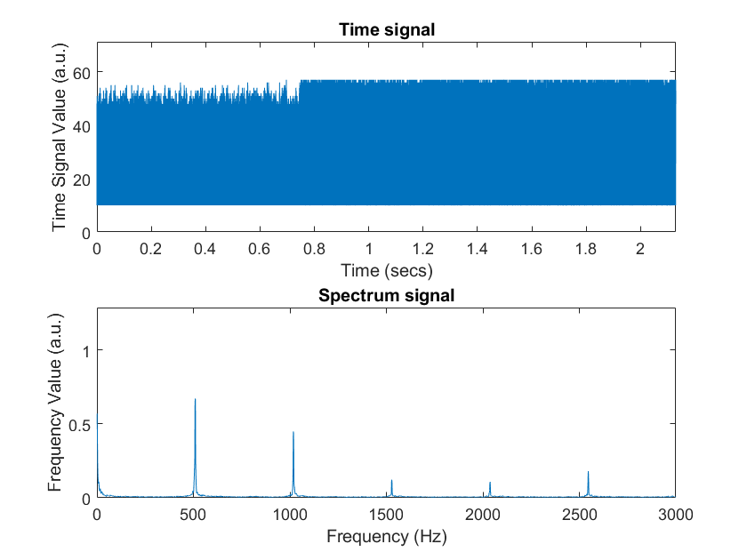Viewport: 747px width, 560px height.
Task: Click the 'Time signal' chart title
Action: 386,30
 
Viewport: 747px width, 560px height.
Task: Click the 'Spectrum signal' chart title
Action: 386,295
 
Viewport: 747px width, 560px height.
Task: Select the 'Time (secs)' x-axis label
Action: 386,269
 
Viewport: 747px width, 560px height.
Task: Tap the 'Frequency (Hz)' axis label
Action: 386,536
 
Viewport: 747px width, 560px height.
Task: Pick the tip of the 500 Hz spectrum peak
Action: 195,399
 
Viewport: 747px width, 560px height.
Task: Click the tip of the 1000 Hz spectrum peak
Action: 293,432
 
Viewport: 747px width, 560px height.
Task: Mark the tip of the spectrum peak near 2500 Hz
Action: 588,471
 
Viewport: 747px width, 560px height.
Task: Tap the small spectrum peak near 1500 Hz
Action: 391,480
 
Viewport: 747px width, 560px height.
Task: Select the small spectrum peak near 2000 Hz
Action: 490,482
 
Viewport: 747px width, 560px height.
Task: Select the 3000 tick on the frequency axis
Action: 676,513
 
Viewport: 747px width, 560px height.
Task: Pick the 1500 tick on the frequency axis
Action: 387,513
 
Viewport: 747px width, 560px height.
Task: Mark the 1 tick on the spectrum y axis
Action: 85,351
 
